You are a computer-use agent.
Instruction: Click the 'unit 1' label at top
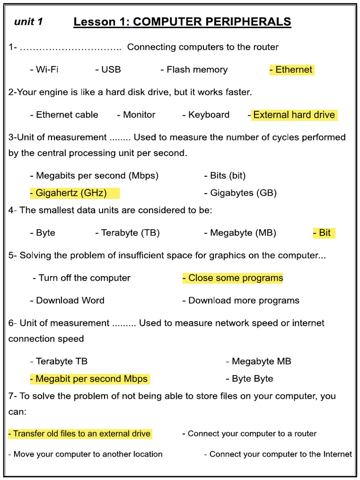[29, 22]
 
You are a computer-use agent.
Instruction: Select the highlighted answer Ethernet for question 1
[292, 69]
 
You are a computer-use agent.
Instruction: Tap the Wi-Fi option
[44, 69]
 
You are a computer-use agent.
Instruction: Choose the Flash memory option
[194, 70]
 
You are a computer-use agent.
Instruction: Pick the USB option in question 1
[108, 69]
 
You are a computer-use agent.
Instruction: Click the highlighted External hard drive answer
[294, 115]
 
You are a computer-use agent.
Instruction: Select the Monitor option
[136, 115]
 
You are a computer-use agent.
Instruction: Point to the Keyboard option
[206, 115]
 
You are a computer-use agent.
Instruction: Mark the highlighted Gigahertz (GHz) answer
[75, 193]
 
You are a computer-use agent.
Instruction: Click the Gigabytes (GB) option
[240, 193]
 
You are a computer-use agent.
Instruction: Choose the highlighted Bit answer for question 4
[324, 232]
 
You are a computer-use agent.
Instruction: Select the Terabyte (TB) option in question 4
[127, 233]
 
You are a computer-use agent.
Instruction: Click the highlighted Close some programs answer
[232, 278]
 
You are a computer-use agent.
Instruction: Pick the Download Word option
[67, 300]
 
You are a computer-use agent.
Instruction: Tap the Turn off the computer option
[82, 278]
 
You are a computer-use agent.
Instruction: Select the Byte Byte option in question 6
[249, 379]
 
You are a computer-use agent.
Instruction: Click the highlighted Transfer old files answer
[80, 434]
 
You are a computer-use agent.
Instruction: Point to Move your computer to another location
[85, 454]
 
